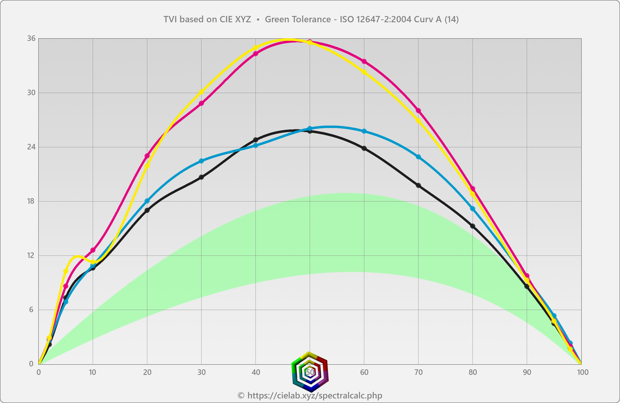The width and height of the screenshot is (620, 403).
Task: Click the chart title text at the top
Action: (311, 19)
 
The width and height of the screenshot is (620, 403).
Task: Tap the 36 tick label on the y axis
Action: (31, 39)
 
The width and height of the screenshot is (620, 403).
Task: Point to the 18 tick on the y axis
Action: (31, 201)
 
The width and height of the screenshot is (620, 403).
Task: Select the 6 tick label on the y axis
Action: (31, 310)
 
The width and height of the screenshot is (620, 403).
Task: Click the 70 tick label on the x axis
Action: (418, 372)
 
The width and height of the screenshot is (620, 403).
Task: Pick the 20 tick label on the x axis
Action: (147, 372)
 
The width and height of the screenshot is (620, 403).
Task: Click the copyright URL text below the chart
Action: (310, 395)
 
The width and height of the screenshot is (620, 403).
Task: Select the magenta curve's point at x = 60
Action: (364, 62)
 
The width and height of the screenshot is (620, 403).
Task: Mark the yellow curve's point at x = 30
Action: (201, 92)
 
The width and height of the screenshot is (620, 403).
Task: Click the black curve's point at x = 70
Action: (418, 186)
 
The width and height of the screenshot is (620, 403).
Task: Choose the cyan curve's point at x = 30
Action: (201, 161)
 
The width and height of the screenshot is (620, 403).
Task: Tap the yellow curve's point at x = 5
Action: (66, 271)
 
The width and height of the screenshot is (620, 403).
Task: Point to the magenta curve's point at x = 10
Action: (93, 250)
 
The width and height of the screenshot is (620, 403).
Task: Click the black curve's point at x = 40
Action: (256, 140)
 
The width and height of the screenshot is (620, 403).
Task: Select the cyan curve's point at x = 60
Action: (364, 131)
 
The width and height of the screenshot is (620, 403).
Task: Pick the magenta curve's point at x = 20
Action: (147, 156)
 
